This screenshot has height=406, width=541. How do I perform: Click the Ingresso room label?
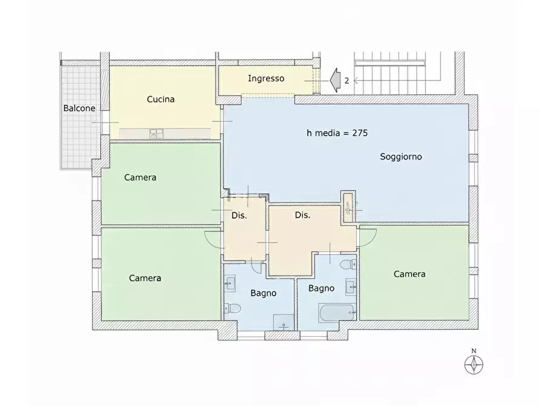coord(266,79)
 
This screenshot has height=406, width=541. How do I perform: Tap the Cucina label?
coord(161,99)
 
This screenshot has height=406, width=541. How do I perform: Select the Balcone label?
coord(79,108)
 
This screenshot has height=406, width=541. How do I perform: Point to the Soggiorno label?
coord(401,157)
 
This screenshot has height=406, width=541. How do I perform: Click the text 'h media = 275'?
coord(337,133)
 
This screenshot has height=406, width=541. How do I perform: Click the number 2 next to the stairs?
coord(347,81)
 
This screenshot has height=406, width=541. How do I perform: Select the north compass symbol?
coord(474,362)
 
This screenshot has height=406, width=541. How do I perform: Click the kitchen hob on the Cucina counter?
coord(156,133)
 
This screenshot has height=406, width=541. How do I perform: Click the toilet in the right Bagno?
coord(348,265)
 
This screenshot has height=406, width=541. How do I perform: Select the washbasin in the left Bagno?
coord(230,284)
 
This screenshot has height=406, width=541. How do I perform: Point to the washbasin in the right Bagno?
coord(351,287)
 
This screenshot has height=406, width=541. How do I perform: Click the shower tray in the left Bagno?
coord(284,322)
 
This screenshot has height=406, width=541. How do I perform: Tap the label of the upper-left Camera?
coord(140,178)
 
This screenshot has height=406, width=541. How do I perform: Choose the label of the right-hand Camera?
coord(410,274)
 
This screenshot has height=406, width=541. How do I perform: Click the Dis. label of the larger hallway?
coord(302,216)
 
